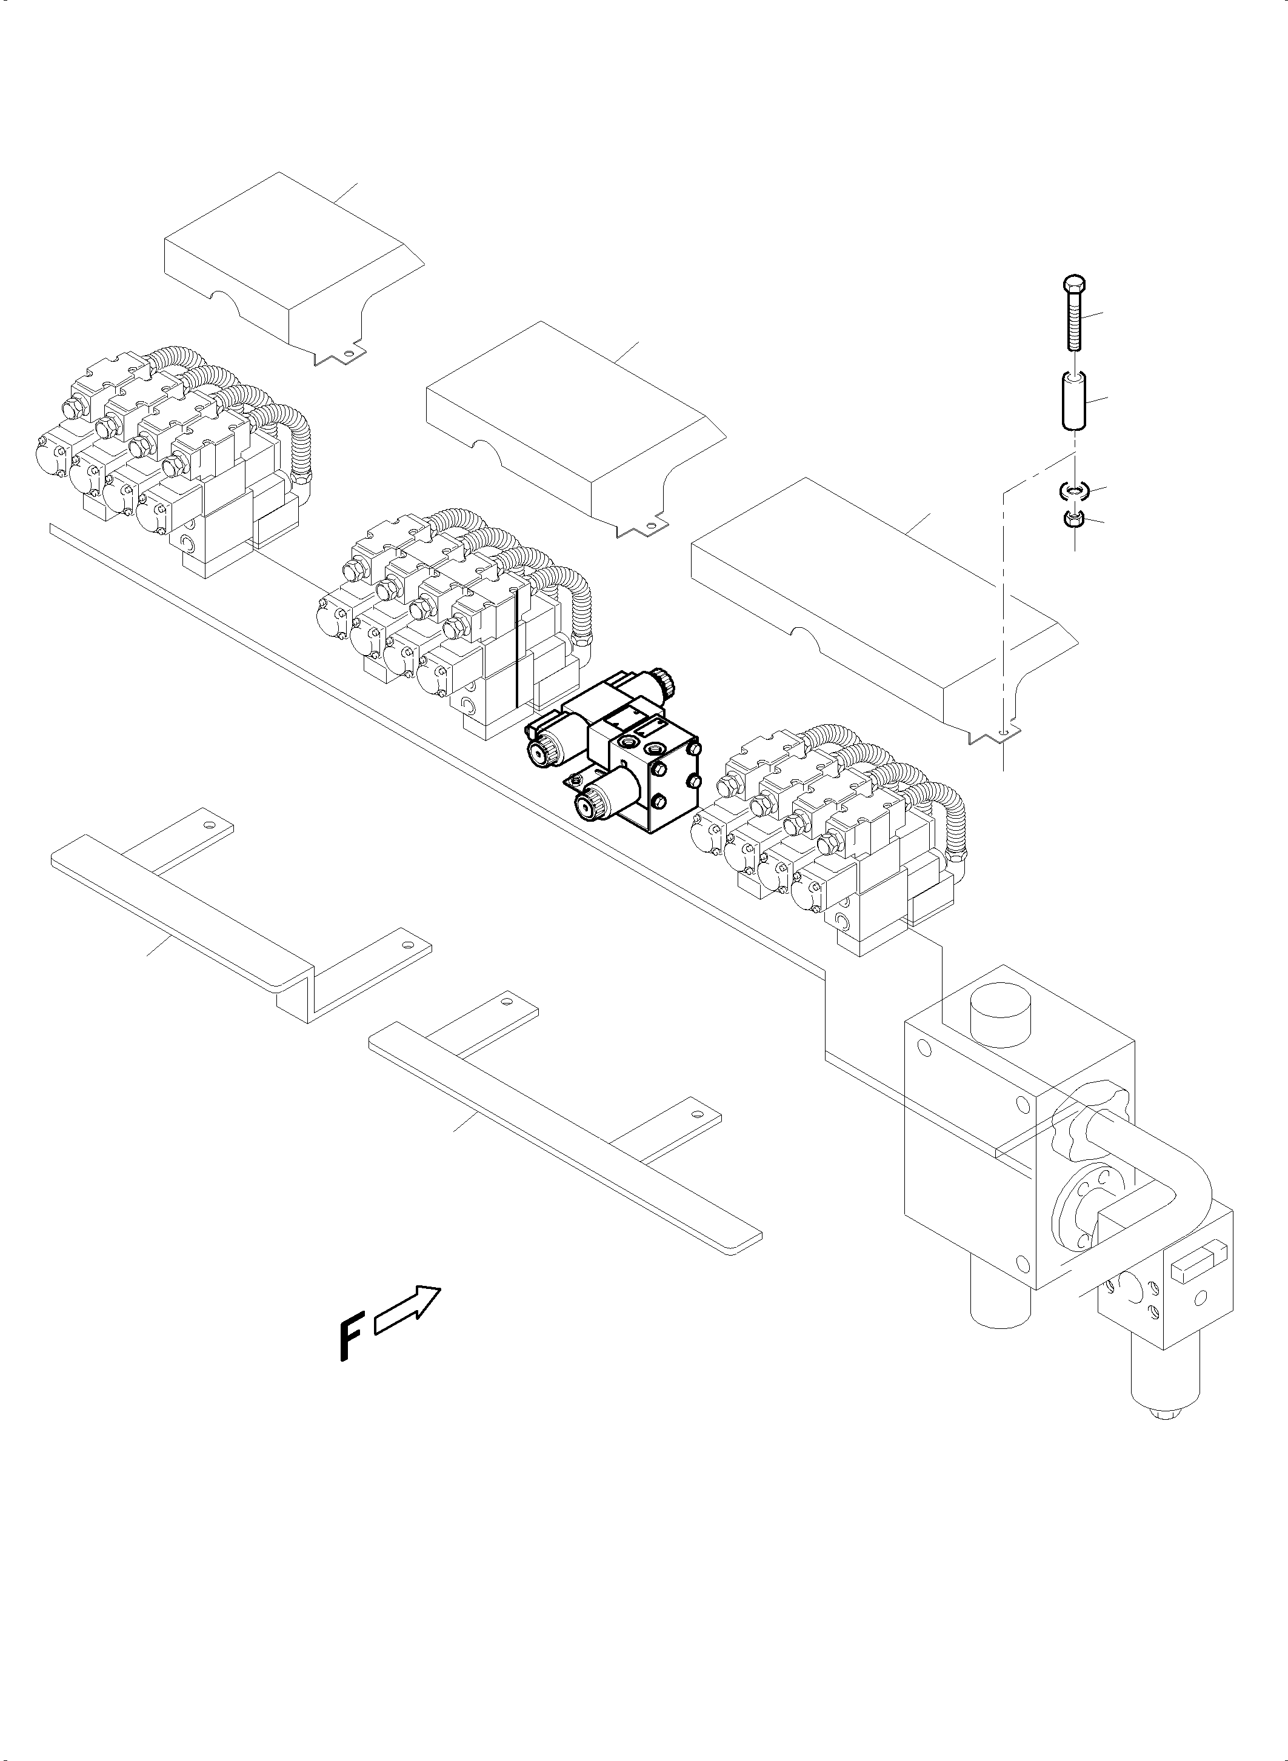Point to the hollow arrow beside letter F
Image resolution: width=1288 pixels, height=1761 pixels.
click(x=409, y=1310)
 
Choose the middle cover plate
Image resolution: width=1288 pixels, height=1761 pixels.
click(x=573, y=425)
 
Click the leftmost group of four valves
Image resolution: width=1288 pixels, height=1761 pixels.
click(x=172, y=460)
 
